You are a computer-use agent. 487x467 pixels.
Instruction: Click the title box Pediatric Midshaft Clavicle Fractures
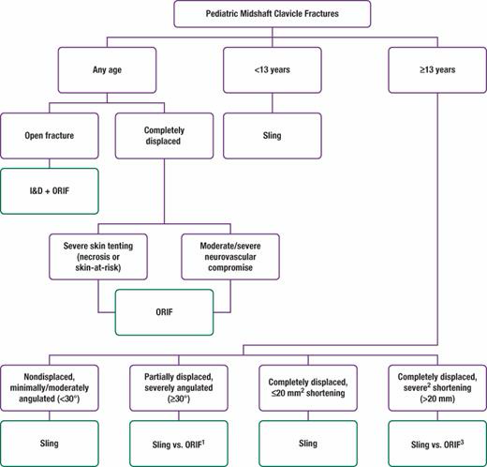273,14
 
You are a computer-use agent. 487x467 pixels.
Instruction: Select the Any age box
107,70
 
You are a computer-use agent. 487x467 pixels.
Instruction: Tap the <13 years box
273,70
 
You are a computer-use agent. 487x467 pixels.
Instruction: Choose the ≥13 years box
437,70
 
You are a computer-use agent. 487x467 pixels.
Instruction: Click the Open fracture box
50,136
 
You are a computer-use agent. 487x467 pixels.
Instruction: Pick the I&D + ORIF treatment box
50,191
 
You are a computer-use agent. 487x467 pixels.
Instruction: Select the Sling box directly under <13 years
273,136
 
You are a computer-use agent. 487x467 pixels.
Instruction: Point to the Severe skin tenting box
98,257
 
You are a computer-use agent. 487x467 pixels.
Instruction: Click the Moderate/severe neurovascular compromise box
230,257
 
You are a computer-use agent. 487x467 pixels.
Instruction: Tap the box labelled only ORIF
164,312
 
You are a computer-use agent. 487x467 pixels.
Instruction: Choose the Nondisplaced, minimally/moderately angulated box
50,388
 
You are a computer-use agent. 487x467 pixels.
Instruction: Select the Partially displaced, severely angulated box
179,388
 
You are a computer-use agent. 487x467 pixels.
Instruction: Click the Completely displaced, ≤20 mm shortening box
308,388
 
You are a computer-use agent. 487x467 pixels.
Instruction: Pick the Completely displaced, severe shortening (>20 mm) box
437,388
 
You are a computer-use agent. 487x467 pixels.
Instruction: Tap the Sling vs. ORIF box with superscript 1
179,444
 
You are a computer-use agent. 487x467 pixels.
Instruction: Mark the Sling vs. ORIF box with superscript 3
437,444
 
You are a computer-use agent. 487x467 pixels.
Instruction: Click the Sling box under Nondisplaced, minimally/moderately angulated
50,444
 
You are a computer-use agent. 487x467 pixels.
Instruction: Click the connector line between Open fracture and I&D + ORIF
50,163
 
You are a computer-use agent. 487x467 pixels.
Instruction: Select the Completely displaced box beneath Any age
164,136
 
